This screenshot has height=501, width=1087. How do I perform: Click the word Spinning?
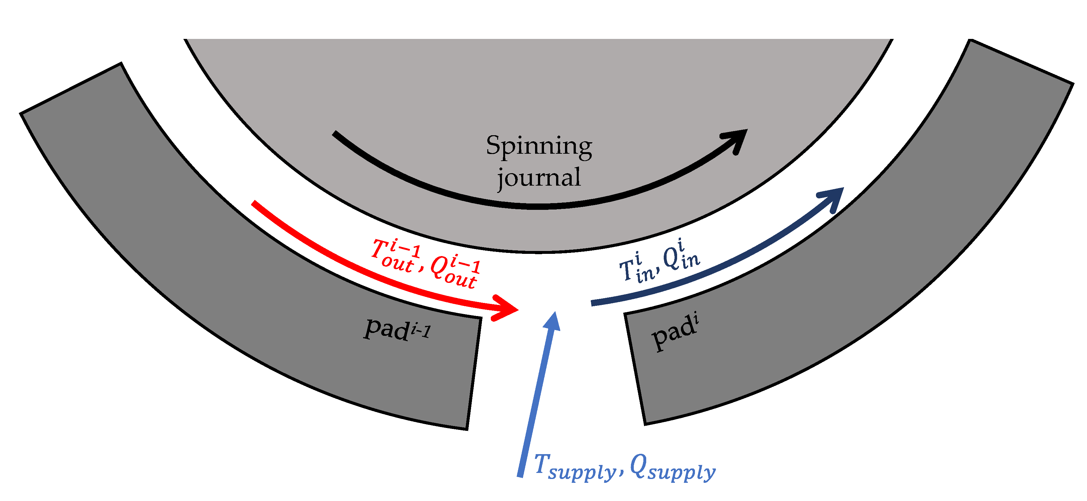coord(539,146)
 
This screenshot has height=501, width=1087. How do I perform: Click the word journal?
coord(539,177)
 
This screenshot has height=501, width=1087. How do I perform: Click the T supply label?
coord(574,467)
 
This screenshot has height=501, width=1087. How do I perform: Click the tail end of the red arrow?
coord(254,203)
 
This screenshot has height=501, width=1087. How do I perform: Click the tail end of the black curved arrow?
coord(335,134)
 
